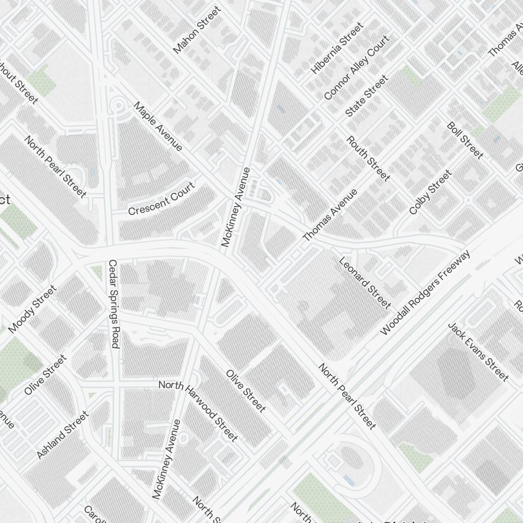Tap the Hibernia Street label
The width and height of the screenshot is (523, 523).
[x=336, y=48]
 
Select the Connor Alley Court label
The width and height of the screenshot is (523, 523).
[x=357, y=67]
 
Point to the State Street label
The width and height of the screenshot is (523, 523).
[x=367, y=96]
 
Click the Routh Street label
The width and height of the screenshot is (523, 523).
[x=369, y=158]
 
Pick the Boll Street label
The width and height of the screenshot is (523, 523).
[x=465, y=140]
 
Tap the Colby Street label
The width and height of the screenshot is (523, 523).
[x=430, y=192]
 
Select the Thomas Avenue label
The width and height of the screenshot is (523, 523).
[x=330, y=215]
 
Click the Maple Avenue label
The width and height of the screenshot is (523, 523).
[x=158, y=127]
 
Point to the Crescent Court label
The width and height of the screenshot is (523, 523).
[x=161, y=199]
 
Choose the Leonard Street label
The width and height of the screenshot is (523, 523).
[x=365, y=282]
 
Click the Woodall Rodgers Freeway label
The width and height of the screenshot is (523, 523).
[x=425, y=292]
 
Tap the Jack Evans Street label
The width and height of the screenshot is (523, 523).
[x=478, y=351]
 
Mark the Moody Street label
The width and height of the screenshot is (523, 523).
[x=32, y=309]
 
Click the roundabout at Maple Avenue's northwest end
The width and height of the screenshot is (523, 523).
[x=118, y=106]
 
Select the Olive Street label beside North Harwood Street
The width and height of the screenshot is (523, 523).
[x=246, y=391]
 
